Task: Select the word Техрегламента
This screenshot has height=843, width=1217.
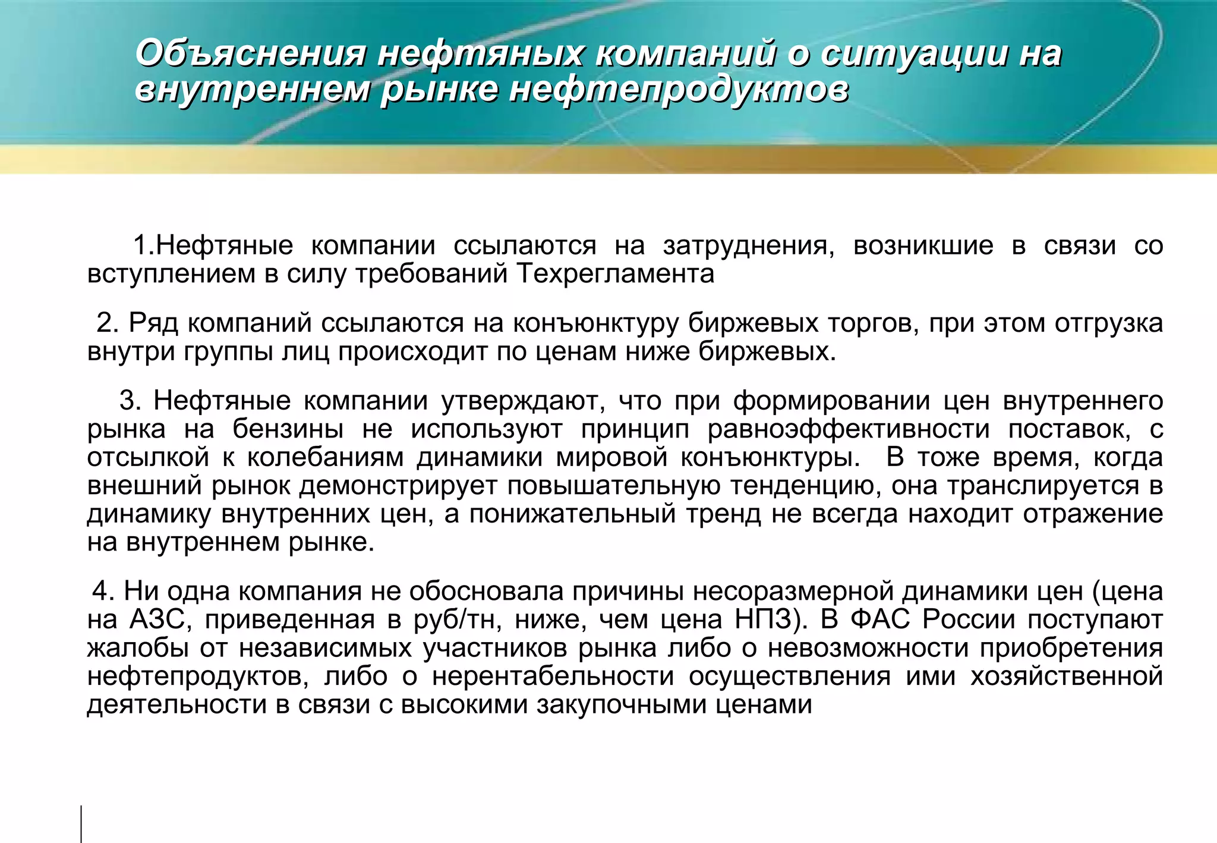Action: (x=615, y=274)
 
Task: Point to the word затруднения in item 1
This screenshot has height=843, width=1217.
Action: (x=749, y=246)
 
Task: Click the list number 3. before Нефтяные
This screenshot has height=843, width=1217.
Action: (x=130, y=401)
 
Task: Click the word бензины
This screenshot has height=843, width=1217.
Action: (x=288, y=429)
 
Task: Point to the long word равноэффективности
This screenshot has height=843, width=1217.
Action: (x=849, y=429)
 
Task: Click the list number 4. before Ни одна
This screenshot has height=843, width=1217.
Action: (x=103, y=592)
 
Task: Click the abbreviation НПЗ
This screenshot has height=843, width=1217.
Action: (x=771, y=620)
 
